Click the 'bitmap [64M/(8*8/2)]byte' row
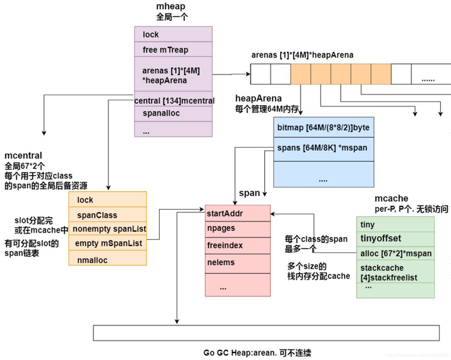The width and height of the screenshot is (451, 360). (x=323, y=127)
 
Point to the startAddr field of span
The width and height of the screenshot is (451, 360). (x=237, y=213)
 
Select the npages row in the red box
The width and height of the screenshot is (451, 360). (x=237, y=229)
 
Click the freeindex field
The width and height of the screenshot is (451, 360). (x=237, y=246)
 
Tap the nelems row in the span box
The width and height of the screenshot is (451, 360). (x=237, y=262)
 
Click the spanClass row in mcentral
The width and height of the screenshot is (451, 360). (x=107, y=215)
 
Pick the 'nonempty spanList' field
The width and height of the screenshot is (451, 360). (x=107, y=229)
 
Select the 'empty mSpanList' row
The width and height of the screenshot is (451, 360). (x=107, y=243)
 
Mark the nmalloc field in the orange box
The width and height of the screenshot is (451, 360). (x=107, y=258)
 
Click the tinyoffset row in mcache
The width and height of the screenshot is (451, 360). (x=395, y=239)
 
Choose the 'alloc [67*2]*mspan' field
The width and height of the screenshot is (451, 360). (x=395, y=254)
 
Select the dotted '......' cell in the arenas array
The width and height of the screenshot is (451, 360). (x=428, y=80)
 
